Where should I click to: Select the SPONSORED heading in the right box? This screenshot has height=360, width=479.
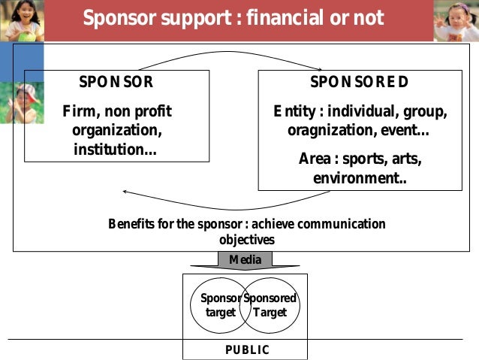(360, 83)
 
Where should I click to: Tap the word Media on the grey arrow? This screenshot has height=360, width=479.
(246, 260)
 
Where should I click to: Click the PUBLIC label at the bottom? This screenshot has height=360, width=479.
(247, 350)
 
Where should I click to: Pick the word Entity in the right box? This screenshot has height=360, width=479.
(293, 112)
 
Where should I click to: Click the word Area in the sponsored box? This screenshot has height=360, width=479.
(315, 159)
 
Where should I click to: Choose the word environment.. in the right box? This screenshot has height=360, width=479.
(354, 178)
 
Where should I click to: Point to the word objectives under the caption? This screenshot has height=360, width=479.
(247, 241)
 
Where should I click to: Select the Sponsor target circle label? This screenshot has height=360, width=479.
(220, 305)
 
